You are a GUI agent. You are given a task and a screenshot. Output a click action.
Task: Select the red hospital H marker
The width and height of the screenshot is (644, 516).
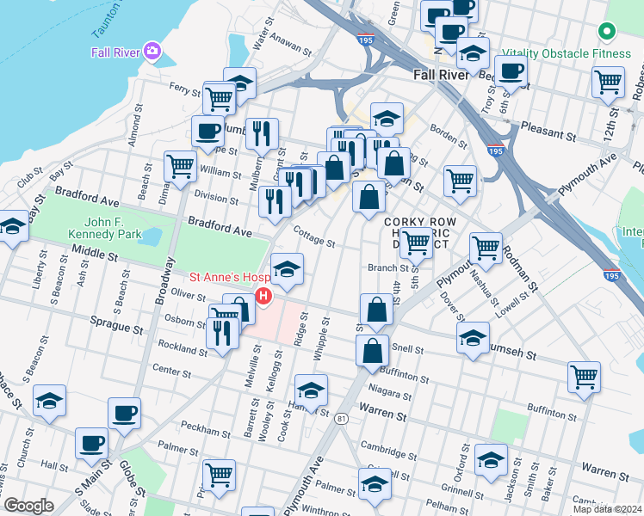263,298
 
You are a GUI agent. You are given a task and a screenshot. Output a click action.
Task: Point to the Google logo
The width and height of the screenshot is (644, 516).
28,506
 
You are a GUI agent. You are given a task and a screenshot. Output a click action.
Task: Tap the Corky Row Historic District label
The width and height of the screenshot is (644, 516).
417,232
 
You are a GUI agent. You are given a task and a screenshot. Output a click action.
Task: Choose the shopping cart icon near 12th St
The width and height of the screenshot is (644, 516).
608,83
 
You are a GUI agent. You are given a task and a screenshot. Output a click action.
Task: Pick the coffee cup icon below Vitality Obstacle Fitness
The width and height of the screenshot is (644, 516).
511,71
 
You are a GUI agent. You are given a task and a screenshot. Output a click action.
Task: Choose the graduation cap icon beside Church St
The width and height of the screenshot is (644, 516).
49,401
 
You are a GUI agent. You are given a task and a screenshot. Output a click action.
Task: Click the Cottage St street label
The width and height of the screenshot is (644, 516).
313,238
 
